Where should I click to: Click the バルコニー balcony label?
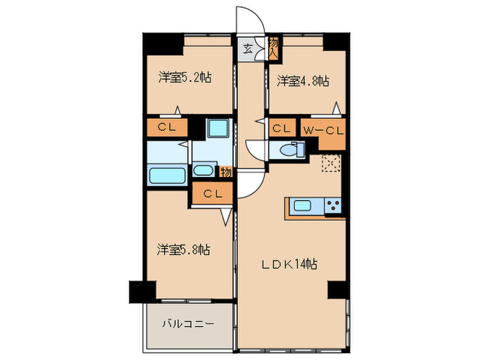(x=188, y=323)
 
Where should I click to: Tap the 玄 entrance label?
(x=247, y=49)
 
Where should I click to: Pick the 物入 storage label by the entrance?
(x=273, y=47)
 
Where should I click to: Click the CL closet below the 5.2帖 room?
(x=167, y=127)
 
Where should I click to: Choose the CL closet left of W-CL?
(x=280, y=128)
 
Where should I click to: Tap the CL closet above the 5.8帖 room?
(x=212, y=193)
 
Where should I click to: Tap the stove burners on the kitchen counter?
(x=333, y=204)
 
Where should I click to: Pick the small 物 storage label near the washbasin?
(x=224, y=172)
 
